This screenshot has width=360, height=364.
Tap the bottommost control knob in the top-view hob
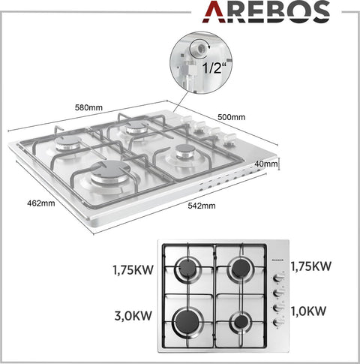point(277,322)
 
